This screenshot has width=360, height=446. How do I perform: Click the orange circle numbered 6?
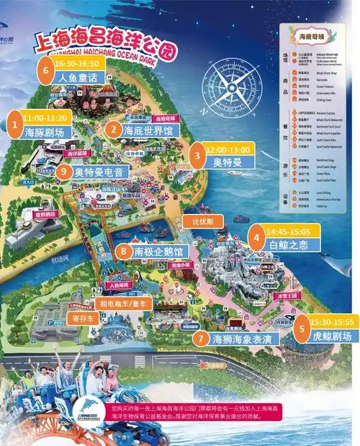coord(48,71)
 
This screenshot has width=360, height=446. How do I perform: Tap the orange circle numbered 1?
coord(14,125)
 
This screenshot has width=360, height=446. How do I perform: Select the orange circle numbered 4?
coord(256,236)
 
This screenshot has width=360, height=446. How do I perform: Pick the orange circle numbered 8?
coord(123,251)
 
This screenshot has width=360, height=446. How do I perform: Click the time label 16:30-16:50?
coord(81,63)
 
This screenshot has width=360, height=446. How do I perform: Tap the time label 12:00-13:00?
coord(227,148)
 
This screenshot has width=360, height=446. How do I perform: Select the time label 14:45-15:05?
coord(289,231)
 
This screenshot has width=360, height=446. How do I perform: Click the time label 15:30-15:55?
coord(333,321)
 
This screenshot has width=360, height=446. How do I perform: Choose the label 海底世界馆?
coord(149,130)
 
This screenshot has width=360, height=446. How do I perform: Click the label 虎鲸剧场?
coord(333,336)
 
